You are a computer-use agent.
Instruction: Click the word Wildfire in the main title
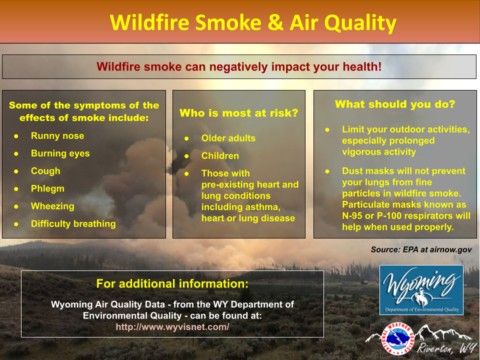coord(149,22)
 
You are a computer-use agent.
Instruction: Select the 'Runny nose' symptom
coord(57,135)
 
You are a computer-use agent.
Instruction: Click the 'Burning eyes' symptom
coord(60,153)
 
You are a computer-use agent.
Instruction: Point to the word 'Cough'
coord(45,171)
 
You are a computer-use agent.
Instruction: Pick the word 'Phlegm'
coord(48,188)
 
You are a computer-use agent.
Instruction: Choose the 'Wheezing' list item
coord(52,206)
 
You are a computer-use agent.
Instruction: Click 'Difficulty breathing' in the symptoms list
coord(73,224)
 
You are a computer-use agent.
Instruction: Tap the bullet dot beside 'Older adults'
coord(186,138)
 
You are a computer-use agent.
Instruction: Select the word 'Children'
coord(220,156)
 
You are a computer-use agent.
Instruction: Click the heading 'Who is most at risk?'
coord(239,113)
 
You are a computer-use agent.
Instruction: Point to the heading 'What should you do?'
coord(395,104)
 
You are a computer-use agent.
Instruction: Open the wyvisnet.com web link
coord(172,327)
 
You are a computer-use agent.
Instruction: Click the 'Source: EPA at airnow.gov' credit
coord(421,249)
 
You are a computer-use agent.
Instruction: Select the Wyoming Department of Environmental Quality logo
coord(421,290)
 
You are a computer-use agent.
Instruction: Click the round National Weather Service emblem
coord(397,338)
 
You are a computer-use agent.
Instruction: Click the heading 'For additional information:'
coord(172,284)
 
